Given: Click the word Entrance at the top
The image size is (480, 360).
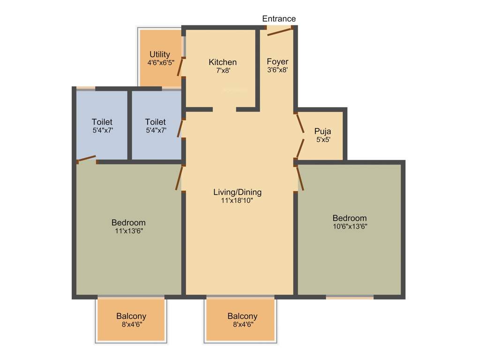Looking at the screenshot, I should tap(279, 19).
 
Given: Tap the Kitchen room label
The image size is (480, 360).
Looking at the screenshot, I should tap(223, 62).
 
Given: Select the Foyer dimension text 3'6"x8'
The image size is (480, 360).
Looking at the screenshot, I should tap(277, 70).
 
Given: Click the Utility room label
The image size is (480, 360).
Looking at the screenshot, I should tap(160, 54).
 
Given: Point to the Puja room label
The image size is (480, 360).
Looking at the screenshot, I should tap(322, 131).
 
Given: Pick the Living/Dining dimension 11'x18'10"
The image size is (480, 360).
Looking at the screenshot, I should tap(237, 201).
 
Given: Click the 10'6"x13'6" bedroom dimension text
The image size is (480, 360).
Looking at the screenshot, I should tap(350, 226).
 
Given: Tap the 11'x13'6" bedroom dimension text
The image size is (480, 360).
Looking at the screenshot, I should tap(128, 231).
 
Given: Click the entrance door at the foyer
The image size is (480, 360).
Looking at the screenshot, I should tap(280, 31).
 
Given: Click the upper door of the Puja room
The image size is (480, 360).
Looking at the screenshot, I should tap(300, 124).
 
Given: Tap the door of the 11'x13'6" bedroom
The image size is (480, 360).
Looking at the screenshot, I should tap(179, 179).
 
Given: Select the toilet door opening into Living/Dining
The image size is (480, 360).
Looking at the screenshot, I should tap(180, 127).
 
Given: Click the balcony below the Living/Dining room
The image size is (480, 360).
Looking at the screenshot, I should tap(240, 320).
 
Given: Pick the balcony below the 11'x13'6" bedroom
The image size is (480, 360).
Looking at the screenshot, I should tap(131, 320).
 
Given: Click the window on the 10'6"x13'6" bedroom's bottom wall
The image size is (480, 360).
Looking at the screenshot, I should tap(350, 297).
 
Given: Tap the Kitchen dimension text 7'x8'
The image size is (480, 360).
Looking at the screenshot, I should tap(223, 71).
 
